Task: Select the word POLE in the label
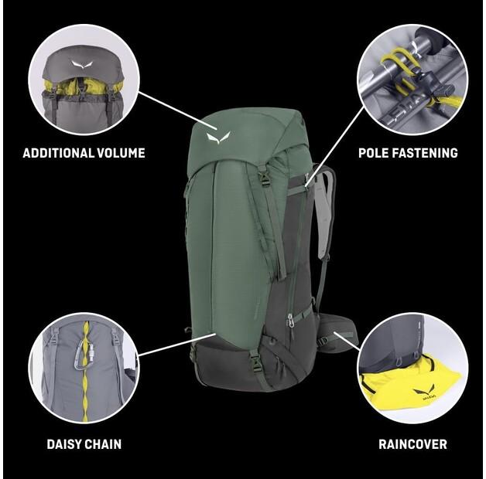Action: (x=375, y=153)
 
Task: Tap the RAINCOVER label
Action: (x=412, y=444)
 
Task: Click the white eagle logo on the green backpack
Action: (x=215, y=138)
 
